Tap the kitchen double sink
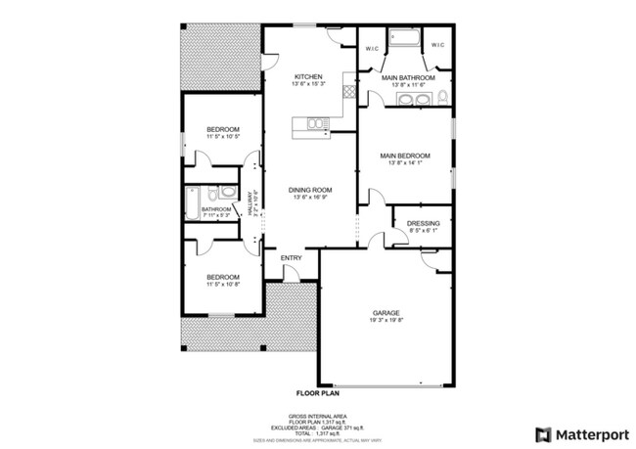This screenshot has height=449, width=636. (316, 122)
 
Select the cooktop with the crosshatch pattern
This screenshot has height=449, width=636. (347, 91)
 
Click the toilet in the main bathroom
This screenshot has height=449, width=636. (441, 97)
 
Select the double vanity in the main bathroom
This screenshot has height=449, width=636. (404, 98)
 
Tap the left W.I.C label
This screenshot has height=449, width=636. (372, 46)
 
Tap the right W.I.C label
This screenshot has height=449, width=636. (437, 45)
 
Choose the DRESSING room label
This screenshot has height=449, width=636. (423, 224)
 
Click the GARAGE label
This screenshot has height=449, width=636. (385, 313)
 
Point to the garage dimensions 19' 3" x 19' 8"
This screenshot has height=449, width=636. (385, 321)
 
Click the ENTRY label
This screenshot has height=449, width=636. (292, 258)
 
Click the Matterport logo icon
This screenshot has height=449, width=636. (543, 433)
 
